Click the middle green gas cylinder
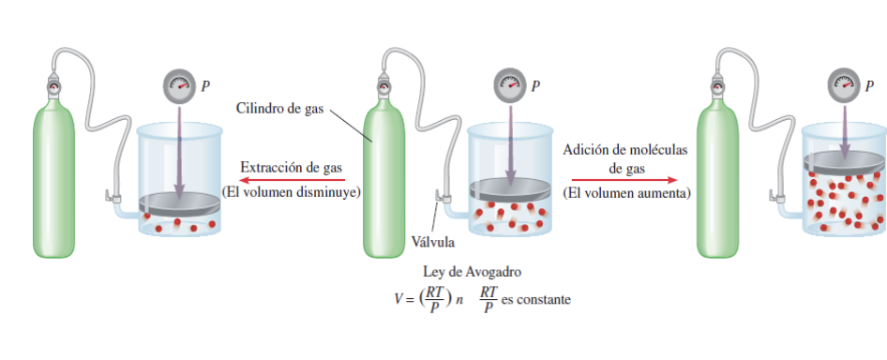tap(384, 178)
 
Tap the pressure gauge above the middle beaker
tap(510, 85)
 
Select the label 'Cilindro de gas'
tap(279, 109)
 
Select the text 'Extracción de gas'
tap(292, 168)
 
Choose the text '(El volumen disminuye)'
tap(292, 191)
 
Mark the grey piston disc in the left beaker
tap(179, 203)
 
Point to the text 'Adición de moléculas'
tap(625, 150)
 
